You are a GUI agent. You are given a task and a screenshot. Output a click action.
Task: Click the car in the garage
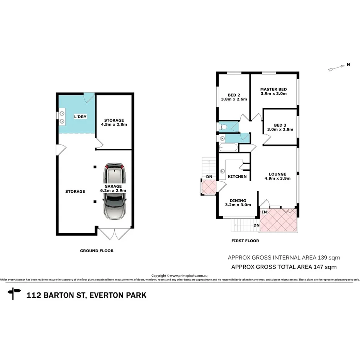(115, 192)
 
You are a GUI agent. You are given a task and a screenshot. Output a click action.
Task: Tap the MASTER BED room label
(273, 89)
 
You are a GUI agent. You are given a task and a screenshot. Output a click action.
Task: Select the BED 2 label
(234, 95)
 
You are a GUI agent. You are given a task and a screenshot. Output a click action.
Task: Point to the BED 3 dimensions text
(280, 130)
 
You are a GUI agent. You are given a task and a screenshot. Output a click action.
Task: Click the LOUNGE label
(277, 174)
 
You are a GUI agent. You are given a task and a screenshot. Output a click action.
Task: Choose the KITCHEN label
(237, 177)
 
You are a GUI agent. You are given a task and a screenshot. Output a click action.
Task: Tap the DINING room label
(238, 200)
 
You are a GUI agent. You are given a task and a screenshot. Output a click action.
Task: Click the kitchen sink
(223, 170)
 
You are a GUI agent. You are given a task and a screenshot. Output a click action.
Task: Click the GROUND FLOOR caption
(97, 251)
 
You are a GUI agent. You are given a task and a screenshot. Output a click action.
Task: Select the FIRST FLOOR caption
(245, 241)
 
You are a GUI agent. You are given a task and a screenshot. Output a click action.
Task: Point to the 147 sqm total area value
(327, 267)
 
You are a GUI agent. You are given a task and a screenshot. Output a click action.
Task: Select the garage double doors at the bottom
(114, 233)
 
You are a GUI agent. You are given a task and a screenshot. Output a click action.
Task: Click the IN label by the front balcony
(264, 212)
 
